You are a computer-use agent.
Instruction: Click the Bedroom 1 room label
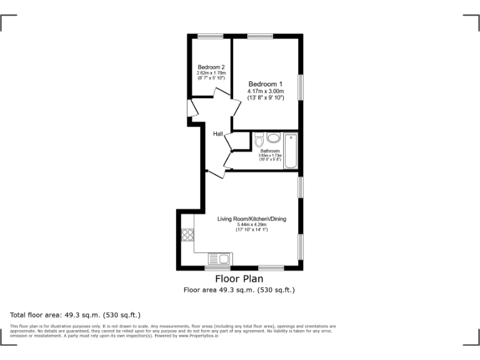pyautogui.click(x=266, y=84)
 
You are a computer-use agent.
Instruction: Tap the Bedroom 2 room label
pyautogui.click(x=211, y=67)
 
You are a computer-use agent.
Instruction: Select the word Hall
pyautogui.click(x=218, y=134)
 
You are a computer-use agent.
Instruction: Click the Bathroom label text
pyautogui.click(x=270, y=151)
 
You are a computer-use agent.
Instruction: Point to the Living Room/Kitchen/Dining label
pyautogui.click(x=251, y=219)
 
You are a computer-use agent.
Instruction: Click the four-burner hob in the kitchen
pyautogui.click(x=187, y=235)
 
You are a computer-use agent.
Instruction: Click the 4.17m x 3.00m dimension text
pyautogui.click(x=266, y=91)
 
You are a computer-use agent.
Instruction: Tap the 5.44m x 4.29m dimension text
pyautogui.click(x=251, y=225)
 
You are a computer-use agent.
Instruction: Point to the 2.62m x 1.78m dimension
pyautogui.click(x=211, y=73)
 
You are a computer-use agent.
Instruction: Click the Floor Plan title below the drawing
pyautogui.click(x=239, y=279)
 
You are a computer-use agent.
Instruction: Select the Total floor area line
pyautogui.click(x=76, y=314)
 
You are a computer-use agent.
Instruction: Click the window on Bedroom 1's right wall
pyautogui.click(x=301, y=86)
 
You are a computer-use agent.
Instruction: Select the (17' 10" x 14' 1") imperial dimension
pyautogui.click(x=251, y=230)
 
